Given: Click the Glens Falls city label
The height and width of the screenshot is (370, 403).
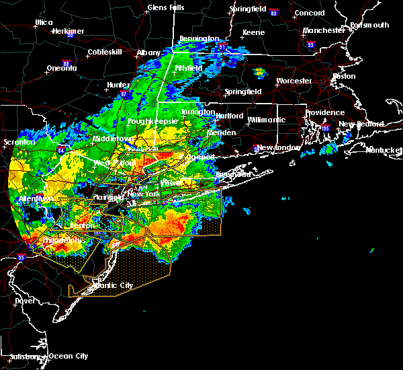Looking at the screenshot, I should [x=166, y=8].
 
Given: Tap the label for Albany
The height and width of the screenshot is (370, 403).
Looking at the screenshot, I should [x=148, y=52].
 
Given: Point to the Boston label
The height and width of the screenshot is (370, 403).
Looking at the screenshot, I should [x=344, y=76].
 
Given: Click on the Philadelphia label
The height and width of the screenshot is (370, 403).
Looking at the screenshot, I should [x=63, y=240].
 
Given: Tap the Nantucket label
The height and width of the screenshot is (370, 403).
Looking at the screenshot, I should [x=384, y=149].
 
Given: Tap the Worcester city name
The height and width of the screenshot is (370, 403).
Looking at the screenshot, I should [x=294, y=81].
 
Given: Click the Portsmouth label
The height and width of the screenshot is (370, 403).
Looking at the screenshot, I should [x=369, y=25].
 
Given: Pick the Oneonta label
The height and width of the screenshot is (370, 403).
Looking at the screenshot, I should [x=62, y=68].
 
